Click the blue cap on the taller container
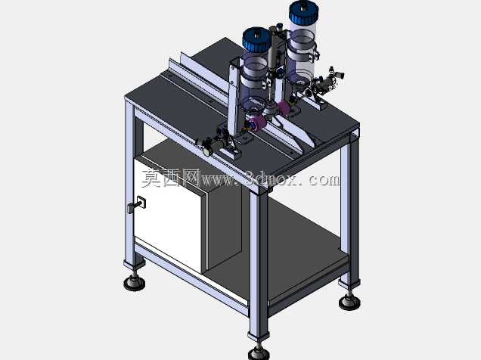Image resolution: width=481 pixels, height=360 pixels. click(303, 11)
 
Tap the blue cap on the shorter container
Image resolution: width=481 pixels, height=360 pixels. click(256, 39)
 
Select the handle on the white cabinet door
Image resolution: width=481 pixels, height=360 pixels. click(137, 205)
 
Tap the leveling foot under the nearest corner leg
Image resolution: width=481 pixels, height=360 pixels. click(259, 352)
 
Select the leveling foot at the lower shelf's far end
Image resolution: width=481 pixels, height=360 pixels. click(349, 301)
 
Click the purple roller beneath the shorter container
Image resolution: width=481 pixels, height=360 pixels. click(255, 125)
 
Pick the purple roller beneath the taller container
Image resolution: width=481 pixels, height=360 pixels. click(284, 108)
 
